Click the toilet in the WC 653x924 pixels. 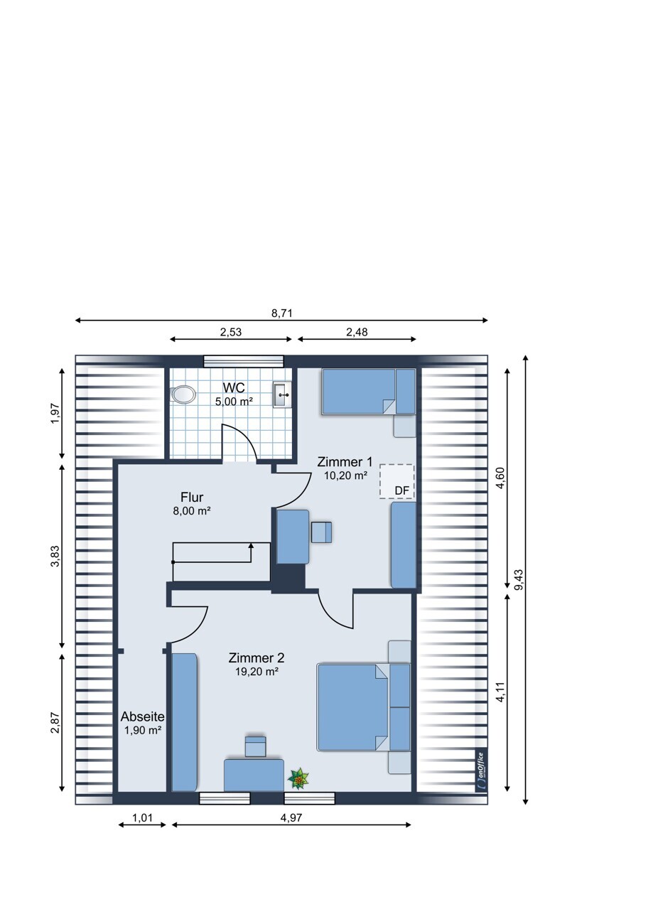[183, 394]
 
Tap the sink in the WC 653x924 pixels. [282, 394]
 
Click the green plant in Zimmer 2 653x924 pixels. [298, 779]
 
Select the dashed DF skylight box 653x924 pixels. [396, 481]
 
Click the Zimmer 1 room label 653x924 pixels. [345, 461]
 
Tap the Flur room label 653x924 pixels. [192, 497]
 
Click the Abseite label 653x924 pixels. [143, 717]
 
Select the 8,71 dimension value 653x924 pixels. [281, 313]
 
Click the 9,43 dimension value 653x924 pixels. [519, 579]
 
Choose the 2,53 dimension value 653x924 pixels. [230, 332]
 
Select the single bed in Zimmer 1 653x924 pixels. [369, 391]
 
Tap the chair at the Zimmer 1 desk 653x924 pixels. [322, 532]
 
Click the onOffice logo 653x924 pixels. [482, 770]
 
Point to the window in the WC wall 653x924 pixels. [244, 361]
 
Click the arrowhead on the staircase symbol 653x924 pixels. [251, 546]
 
